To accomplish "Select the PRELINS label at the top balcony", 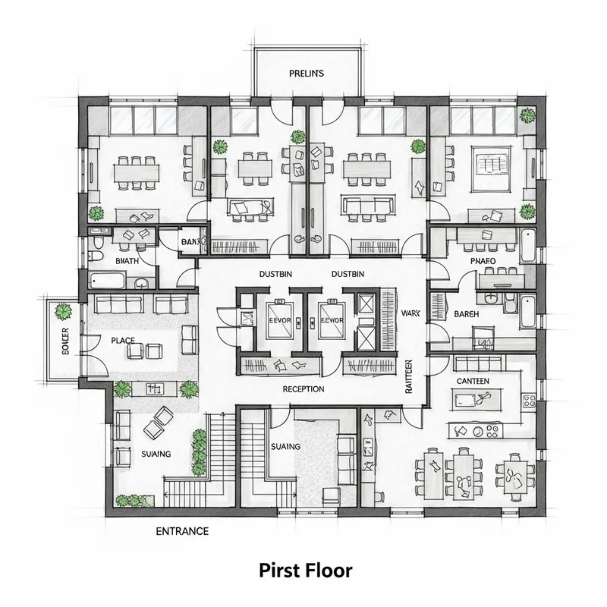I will click(x=307, y=74).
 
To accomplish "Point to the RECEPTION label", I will click(x=303, y=389).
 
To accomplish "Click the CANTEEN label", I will click(x=473, y=380).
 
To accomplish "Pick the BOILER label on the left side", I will click(x=63, y=341).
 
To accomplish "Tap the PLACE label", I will click(x=122, y=341).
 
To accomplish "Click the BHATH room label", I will click(x=127, y=260).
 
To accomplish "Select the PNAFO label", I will click(x=483, y=261).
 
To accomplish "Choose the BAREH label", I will click(x=466, y=313).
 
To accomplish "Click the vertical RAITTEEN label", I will click(x=408, y=377).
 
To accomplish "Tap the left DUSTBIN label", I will click(x=275, y=274).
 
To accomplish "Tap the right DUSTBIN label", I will click(x=348, y=274).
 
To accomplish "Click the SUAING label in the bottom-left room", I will click(x=156, y=454).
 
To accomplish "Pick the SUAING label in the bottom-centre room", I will click(x=285, y=447).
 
